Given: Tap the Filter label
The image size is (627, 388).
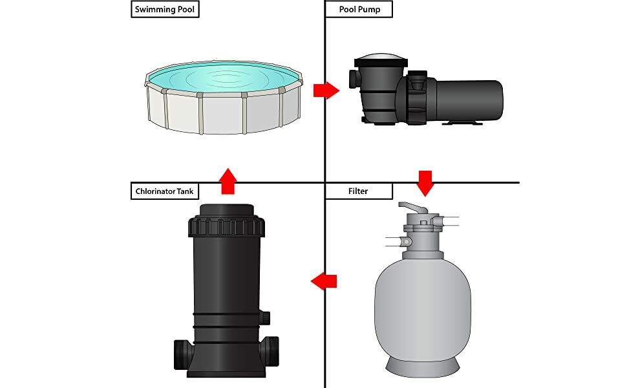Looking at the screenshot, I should click(x=358, y=191).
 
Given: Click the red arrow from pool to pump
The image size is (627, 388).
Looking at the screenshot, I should click(x=326, y=91).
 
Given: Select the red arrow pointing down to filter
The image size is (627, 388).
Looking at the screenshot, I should click(x=425, y=182).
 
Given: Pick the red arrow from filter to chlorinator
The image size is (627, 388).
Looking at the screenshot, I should click(x=324, y=281).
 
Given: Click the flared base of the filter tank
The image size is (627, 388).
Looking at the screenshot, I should click(x=423, y=365).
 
